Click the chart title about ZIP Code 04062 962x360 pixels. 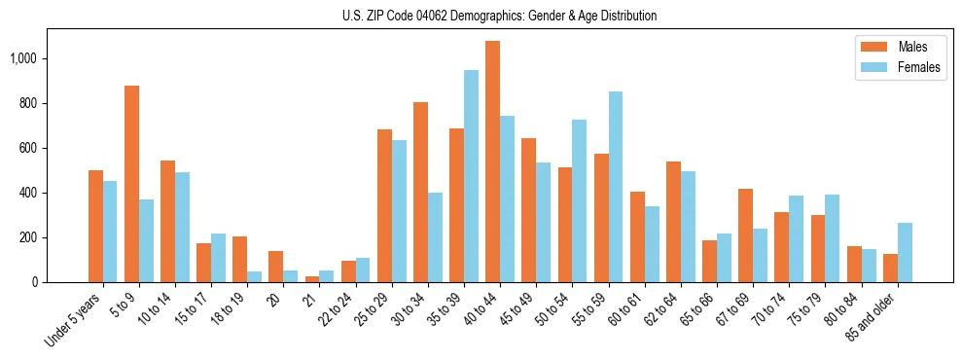pos(500,16)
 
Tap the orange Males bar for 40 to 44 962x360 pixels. pos(492,162)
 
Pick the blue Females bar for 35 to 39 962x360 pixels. pos(471,176)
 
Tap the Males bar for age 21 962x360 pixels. pos(312,279)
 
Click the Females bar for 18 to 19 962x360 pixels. pos(254,276)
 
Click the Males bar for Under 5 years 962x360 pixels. pos(95,226)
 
